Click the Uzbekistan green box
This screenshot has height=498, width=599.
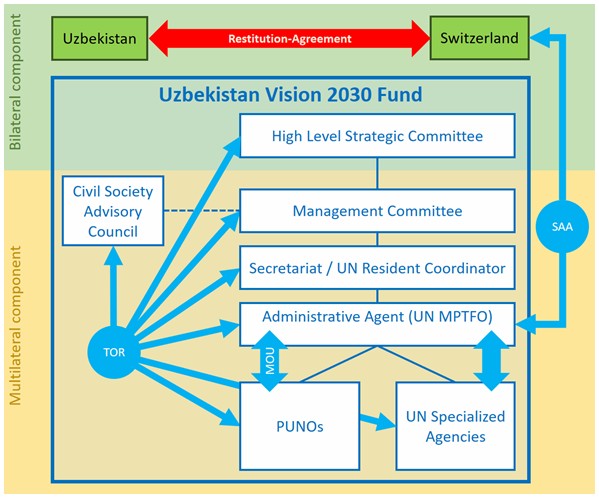tap(100, 38)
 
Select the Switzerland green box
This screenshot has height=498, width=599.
tap(479, 38)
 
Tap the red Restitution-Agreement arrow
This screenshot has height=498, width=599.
tap(289, 38)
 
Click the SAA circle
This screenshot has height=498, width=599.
tap(562, 226)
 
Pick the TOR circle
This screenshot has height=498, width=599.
tap(114, 352)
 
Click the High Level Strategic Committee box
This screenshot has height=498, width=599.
tap(377, 136)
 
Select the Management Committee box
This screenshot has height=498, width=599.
tap(377, 211)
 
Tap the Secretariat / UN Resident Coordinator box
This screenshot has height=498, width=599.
tap(377, 268)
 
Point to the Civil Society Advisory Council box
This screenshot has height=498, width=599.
tap(113, 211)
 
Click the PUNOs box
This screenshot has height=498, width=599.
tap(300, 426)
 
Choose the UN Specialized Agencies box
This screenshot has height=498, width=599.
tap(455, 426)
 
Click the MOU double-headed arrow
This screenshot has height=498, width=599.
tap(270, 361)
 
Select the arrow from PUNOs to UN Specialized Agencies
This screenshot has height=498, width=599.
tap(377, 421)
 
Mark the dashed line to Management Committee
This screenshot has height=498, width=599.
tap(202, 210)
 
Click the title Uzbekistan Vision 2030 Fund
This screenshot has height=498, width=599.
tap(290, 94)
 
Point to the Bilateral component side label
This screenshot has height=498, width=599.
tap(15, 82)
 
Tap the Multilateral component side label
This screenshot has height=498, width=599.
tap(15, 325)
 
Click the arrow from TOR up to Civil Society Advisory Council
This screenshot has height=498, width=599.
tap(113, 286)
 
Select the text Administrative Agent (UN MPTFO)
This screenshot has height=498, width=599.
tap(377, 317)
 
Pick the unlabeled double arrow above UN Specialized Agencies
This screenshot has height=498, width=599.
tap(491, 361)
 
